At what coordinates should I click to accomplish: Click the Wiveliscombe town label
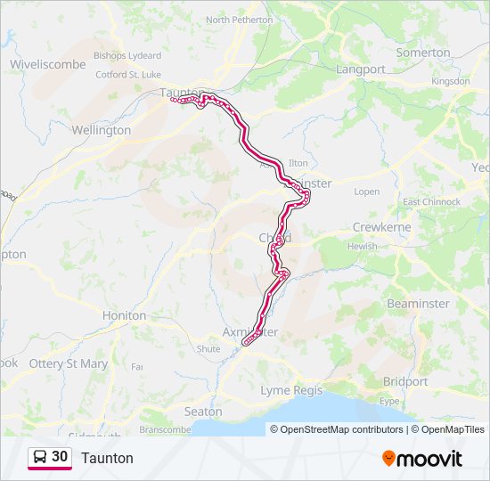click(47, 64)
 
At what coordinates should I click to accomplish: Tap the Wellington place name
click(101, 130)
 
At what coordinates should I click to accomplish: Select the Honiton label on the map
click(124, 315)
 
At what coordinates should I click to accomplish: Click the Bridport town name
click(404, 381)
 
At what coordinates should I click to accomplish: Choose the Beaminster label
click(418, 304)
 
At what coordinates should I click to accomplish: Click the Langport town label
click(361, 69)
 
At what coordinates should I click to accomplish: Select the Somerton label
click(423, 53)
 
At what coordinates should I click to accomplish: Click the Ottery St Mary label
click(68, 363)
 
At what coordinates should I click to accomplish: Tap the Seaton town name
click(202, 412)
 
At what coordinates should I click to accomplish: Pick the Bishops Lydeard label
click(127, 55)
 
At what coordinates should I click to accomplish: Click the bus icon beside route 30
click(40, 457)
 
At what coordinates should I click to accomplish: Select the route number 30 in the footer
click(60, 457)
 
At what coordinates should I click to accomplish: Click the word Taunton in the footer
click(107, 458)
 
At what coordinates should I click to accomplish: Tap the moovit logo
click(422, 458)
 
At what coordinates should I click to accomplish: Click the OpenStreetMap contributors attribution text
click(336, 429)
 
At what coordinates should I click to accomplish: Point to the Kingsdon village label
click(450, 81)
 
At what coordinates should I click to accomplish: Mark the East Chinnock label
click(431, 202)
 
